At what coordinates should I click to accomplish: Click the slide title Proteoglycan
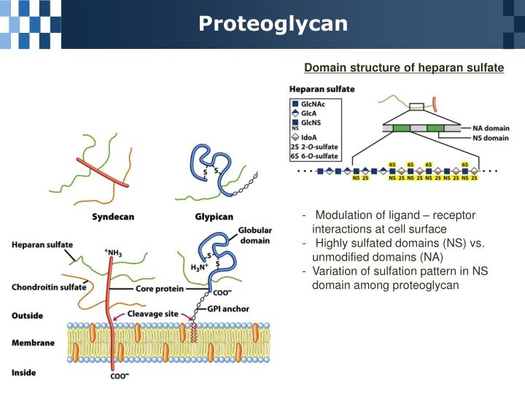click(x=273, y=24)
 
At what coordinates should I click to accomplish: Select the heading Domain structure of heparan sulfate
click(x=403, y=68)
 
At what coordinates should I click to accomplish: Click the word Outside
click(x=28, y=316)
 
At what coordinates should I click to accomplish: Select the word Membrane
click(x=33, y=342)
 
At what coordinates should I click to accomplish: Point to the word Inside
click(x=24, y=373)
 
